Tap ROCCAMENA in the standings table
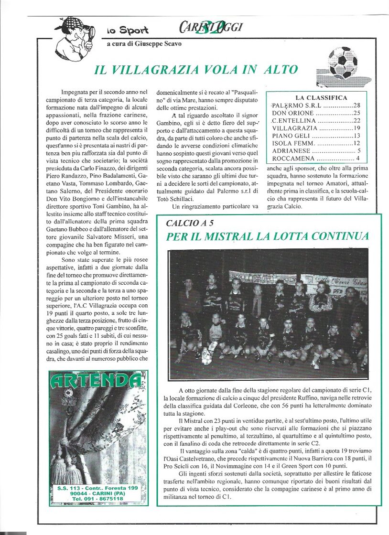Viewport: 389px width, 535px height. [293, 158]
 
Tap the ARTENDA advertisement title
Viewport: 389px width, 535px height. [97, 380]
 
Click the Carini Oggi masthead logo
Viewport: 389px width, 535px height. [211, 26]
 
